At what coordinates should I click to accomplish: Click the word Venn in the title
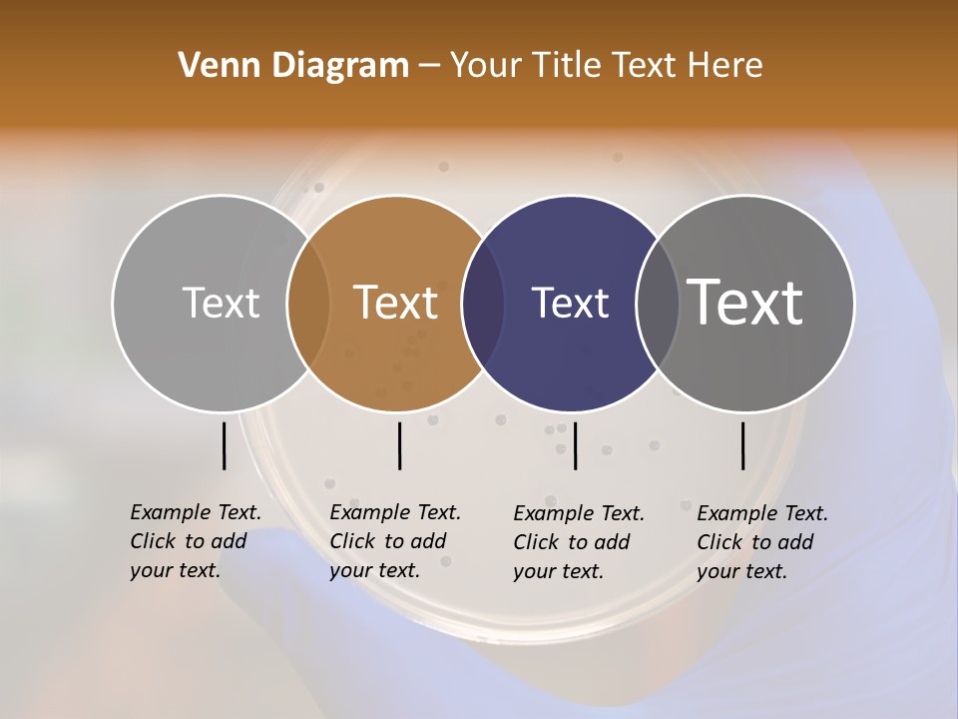point(214,66)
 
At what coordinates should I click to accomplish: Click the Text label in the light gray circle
point(221,303)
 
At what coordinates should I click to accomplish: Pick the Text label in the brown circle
point(396,303)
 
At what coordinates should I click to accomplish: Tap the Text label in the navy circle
point(570,303)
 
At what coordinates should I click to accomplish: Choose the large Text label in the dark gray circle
point(745,303)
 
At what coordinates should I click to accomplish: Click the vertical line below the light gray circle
point(225,445)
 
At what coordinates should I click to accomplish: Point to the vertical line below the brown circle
point(399,445)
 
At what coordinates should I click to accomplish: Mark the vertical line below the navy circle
point(576,445)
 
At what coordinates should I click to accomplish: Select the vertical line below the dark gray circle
point(743,445)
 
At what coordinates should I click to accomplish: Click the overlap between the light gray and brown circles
point(308,304)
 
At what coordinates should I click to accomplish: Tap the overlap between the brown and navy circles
point(483,304)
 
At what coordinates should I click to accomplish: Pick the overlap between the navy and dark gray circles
point(658,304)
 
